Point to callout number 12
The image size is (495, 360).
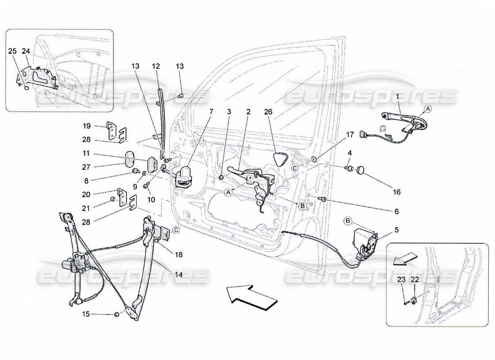coord(156,66)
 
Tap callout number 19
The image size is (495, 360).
coord(87,126)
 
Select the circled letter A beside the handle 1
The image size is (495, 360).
coord(427,109)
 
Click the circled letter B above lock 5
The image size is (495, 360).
coord(348,220)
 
